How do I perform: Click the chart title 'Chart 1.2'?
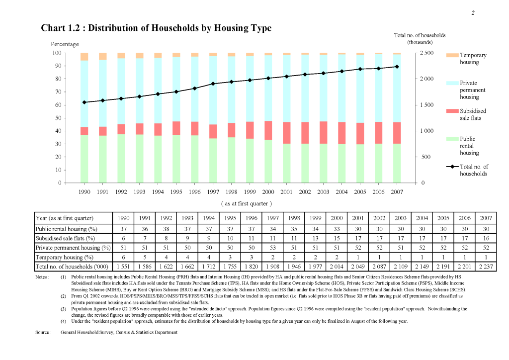60,28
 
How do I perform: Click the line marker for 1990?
85,102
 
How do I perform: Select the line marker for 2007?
397,67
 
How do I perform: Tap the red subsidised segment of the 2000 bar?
268,130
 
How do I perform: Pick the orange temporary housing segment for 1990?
85,57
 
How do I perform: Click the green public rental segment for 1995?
176,159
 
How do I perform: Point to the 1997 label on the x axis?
213,192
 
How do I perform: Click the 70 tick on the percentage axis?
58,92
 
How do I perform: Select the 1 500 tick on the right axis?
426,105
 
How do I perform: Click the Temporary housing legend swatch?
452,55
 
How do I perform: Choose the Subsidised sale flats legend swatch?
452,111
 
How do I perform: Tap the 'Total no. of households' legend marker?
452,167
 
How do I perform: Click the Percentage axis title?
65,44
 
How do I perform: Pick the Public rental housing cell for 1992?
166,229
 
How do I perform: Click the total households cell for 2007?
486,267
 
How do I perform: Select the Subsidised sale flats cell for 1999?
315,238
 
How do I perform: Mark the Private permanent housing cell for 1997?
273,248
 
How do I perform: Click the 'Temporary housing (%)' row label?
65,258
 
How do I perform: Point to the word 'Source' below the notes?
42,333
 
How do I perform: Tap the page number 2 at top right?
473,13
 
